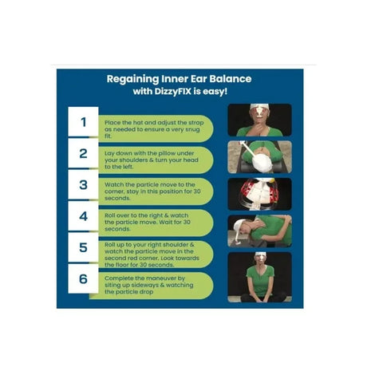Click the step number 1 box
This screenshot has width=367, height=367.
pos(83,122)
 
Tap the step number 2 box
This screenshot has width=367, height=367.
pos(83,153)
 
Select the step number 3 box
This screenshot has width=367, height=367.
pos(83,184)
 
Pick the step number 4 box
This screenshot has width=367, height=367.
pos(83,216)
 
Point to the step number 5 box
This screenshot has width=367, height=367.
pos(83,247)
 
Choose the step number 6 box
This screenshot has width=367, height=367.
pos(83,278)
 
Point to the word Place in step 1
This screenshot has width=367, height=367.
pos(112,123)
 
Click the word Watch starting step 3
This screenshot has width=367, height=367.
pos(114,184)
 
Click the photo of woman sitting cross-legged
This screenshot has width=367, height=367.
pos(260,277)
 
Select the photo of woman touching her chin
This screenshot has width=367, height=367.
pos(260,120)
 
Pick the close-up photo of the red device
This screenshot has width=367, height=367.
pos(260,194)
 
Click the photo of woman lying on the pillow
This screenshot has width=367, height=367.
pos(260,157)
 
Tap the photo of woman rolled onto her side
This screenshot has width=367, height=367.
pos(260,231)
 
